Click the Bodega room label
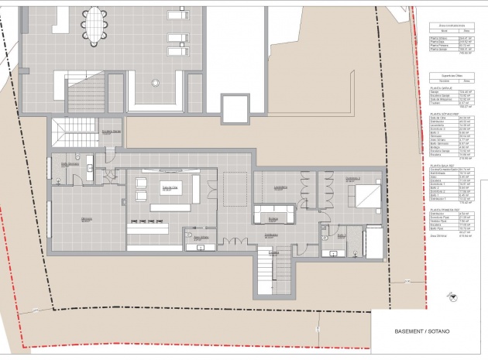coord(273,219)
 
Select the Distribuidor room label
coord(270,235)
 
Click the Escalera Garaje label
coord(110,131)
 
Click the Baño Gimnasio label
coord(70,165)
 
